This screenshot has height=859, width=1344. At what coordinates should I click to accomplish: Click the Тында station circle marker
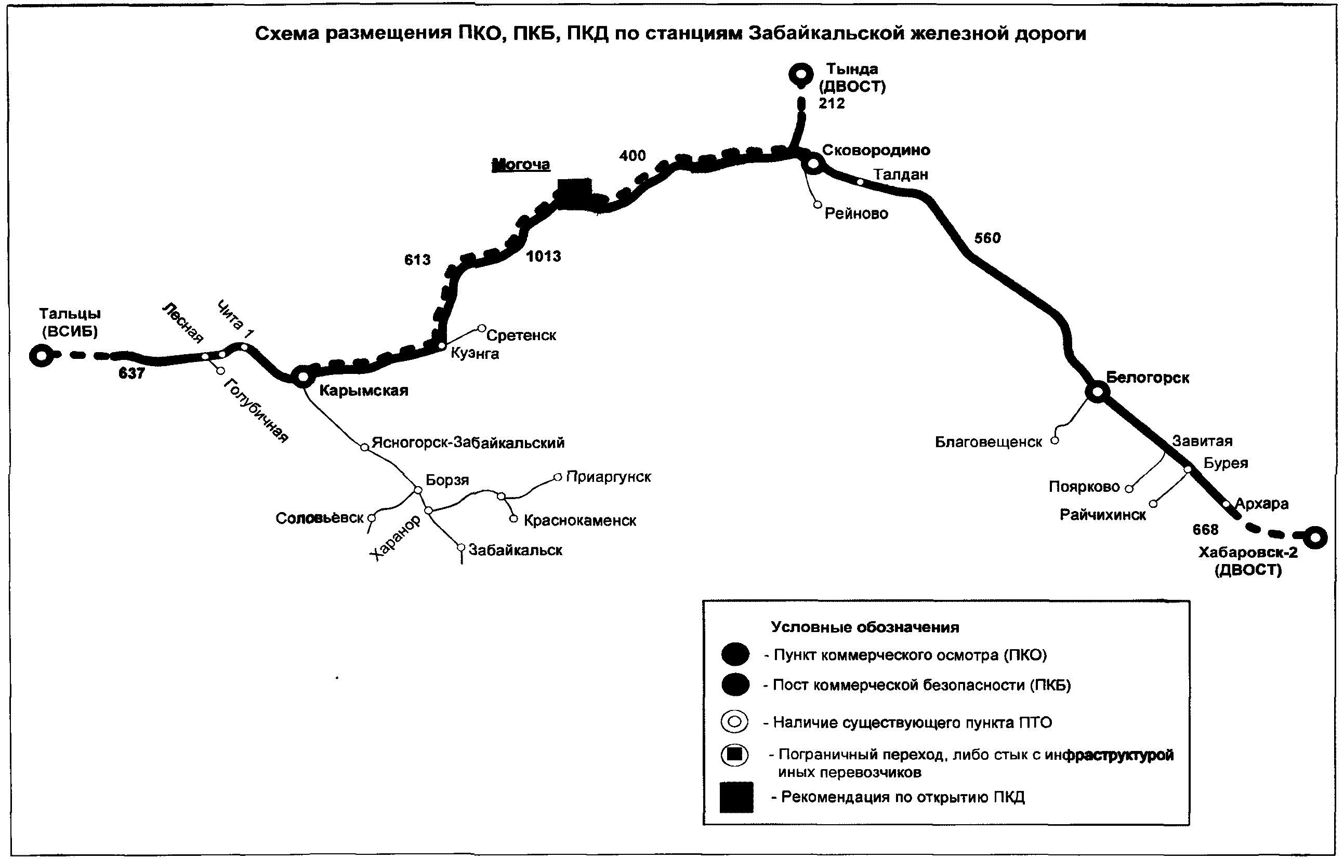pos(801,74)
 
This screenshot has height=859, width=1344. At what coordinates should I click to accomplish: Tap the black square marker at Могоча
pos(574,194)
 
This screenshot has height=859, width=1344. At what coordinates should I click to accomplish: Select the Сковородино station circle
pos(813,164)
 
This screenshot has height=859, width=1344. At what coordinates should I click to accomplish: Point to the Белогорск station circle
pos(1097,392)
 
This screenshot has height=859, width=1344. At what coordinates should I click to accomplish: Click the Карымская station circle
pos(302,377)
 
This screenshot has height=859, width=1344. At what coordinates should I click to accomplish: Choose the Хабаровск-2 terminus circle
pos(1315,537)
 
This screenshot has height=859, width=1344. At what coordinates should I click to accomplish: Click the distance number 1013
pos(544,256)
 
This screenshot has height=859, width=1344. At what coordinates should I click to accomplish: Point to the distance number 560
pos(987,238)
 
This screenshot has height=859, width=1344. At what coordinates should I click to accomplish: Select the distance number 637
pos(131,373)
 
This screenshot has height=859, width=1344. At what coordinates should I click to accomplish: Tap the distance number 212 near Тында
pos(832,103)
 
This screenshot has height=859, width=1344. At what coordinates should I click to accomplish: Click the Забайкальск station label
pos(515,550)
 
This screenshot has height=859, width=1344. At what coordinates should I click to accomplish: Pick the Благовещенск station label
pos(989,442)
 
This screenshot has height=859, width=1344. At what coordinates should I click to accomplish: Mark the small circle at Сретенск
pos(482,329)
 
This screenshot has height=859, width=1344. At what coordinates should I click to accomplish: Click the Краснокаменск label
pos(580,520)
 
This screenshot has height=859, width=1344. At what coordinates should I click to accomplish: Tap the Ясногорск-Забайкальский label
pos(468,443)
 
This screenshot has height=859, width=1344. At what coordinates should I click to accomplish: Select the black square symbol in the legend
pos(736,797)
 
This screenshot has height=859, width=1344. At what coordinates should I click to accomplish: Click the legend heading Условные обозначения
pos(865,627)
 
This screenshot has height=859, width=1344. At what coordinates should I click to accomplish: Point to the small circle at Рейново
pos(818,205)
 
